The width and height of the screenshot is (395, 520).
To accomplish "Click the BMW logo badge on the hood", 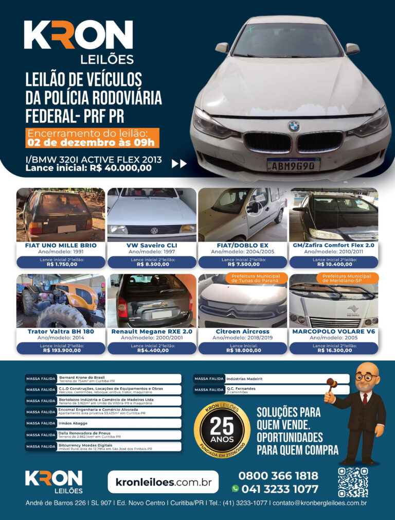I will [293, 125].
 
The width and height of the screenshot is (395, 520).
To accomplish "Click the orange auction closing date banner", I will [93, 138].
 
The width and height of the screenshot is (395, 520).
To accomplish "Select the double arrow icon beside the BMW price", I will [179, 164].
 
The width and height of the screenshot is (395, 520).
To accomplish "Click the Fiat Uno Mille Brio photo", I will [61, 214].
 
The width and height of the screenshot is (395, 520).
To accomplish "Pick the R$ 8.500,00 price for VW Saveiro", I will [151, 264].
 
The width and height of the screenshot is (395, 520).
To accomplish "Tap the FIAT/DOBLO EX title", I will [242, 245].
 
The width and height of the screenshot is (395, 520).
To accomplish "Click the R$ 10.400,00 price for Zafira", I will [333, 264].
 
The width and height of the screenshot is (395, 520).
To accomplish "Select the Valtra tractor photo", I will [61, 301].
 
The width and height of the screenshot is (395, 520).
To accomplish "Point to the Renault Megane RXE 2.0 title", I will [151, 332].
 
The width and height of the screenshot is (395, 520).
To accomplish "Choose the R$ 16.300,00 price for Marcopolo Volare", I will [333, 350].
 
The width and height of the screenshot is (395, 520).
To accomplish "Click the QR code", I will [352, 482].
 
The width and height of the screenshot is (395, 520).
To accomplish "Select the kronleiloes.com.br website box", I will [163, 482].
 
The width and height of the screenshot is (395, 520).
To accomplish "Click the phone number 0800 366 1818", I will [278, 476].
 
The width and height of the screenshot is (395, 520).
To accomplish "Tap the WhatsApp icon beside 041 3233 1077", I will [236, 489].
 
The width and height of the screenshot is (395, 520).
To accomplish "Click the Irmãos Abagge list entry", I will [103, 423].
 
